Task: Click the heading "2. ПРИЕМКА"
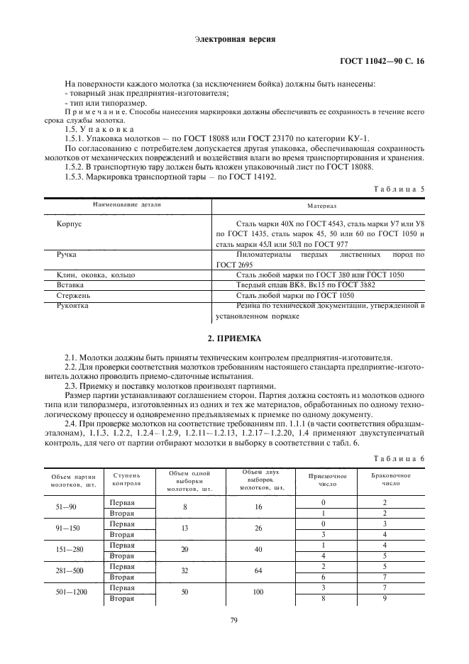234,339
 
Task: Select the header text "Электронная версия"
234,38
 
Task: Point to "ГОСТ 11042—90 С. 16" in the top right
382,62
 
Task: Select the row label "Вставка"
71,284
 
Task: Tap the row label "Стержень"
74,295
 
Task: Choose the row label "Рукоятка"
74,306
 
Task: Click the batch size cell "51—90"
74,507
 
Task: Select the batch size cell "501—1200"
74,594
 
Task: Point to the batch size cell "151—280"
74,550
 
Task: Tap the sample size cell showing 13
184,529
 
